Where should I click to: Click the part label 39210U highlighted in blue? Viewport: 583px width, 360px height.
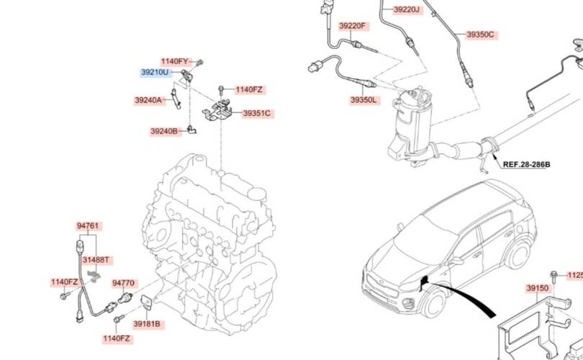tap(155, 73)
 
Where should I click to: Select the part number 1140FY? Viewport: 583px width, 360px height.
tap(174, 61)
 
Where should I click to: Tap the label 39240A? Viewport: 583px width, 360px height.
tap(149, 100)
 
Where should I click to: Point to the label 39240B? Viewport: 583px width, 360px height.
tap(164, 132)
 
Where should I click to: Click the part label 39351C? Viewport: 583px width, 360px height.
tap(256, 113)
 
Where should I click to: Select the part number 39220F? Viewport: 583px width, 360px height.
tap(353, 26)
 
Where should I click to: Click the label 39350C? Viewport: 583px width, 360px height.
tap(480, 35)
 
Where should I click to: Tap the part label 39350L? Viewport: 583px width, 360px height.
tap(364, 100)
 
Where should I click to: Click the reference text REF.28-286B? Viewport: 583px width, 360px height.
tap(525, 165)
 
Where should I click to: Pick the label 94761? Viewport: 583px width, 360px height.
tap(88, 225)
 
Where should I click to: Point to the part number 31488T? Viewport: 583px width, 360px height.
tap(96, 259)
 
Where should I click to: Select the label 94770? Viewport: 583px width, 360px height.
tap(125, 283)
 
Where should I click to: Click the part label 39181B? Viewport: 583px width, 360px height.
tap(148, 324)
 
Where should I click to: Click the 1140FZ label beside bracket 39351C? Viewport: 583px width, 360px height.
tap(249, 90)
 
